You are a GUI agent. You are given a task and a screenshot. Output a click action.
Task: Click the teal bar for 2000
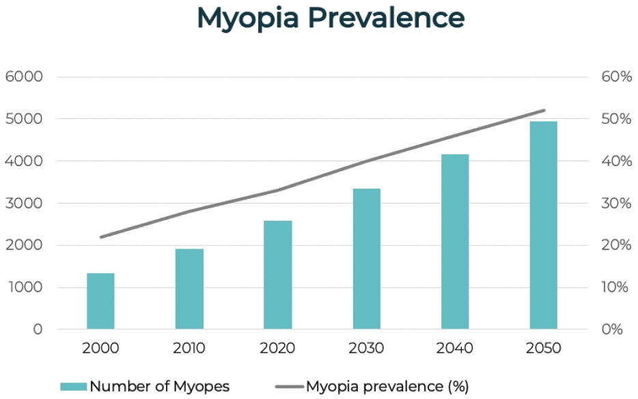click(x=100, y=301)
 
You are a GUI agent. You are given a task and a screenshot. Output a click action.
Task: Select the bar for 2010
click(x=189, y=289)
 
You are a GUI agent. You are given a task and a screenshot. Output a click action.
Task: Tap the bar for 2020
click(x=277, y=275)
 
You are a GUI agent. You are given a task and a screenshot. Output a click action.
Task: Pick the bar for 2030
click(x=366, y=259)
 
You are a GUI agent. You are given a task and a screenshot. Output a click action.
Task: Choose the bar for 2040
click(x=455, y=242)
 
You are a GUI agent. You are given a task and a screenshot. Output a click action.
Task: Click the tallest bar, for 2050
click(x=543, y=225)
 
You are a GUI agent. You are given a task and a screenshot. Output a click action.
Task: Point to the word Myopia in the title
click(x=247, y=19)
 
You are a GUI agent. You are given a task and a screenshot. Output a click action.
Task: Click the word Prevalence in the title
click(x=385, y=18)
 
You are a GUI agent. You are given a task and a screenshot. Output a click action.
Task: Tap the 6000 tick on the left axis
click(x=25, y=77)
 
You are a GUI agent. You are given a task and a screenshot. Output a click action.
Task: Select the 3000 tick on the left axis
click(x=25, y=203)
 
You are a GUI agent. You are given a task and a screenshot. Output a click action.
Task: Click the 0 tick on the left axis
click(x=38, y=329)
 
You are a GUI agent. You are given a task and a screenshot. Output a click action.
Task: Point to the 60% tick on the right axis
click(x=616, y=77)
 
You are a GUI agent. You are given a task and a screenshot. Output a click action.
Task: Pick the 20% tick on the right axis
click(x=616, y=245)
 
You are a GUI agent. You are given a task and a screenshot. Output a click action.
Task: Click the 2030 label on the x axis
click(x=366, y=348)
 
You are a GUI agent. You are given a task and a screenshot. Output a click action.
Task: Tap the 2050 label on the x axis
click(x=543, y=348)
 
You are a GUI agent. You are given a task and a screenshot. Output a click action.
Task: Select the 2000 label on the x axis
click(x=100, y=348)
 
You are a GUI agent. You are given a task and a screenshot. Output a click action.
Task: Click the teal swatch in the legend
click(x=73, y=387)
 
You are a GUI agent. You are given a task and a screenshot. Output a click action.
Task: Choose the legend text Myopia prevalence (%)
click(x=387, y=387)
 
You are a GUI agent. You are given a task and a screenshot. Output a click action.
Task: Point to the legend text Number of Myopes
click(x=160, y=387)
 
